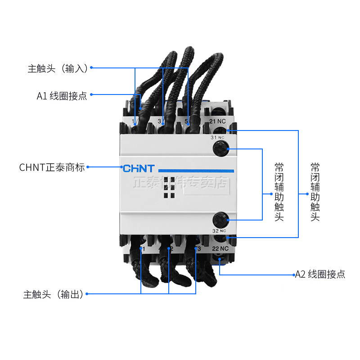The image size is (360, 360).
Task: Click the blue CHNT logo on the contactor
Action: (x=139, y=169)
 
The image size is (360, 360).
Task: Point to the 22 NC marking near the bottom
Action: (x=220, y=248)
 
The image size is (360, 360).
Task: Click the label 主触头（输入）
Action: (x=57, y=68)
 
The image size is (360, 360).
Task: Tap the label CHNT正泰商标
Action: (x=52, y=167)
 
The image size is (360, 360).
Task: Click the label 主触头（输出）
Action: (x=53, y=295)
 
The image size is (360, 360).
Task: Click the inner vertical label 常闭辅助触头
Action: (x=279, y=192)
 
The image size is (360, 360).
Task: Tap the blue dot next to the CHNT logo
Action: (x=121, y=167)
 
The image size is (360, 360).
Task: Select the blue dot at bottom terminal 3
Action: (x=196, y=248)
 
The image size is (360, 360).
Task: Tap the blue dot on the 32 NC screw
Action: (x=228, y=220)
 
